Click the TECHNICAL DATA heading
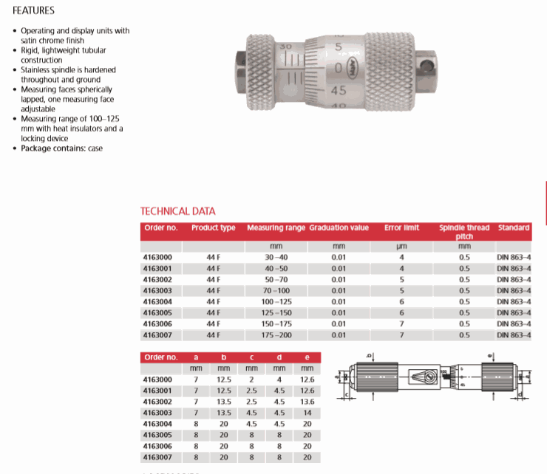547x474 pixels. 178,211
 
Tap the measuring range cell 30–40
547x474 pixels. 275,258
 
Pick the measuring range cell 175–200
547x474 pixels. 275,335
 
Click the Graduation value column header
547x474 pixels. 339,227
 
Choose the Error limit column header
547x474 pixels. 401,227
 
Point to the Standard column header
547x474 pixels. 514,227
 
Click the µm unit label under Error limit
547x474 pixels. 401,246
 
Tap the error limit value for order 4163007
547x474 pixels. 401,335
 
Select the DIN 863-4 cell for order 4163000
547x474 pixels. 514,258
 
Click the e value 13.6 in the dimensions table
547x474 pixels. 308,402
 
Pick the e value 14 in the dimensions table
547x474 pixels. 308,413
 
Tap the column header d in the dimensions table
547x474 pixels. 279,357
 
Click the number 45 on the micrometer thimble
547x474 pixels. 339,90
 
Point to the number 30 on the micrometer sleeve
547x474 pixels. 285,47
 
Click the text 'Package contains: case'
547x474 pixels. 61,148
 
